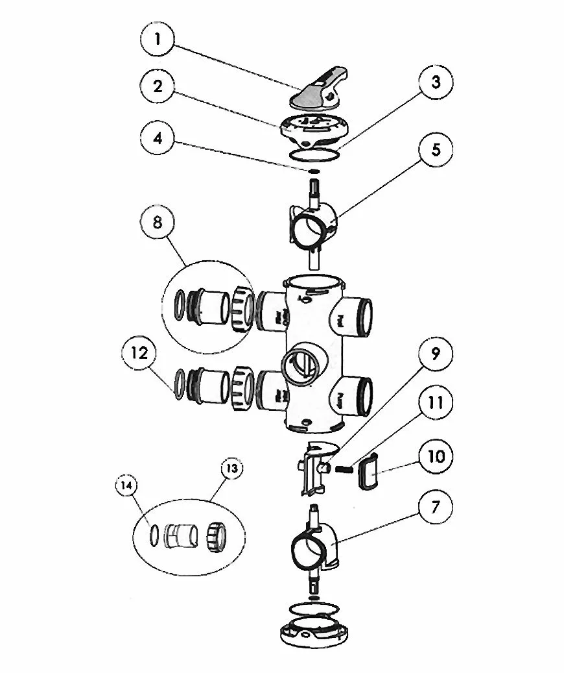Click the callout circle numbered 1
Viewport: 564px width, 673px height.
pos(158,39)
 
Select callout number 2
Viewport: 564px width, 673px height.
pos(158,86)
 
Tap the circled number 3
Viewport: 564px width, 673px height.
pos(436,82)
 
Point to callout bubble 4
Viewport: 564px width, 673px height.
pos(158,138)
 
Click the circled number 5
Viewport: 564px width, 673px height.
pos(436,150)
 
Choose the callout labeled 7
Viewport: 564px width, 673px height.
pos(436,508)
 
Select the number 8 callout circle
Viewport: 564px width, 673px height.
pos(158,223)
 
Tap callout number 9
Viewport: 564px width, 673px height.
pos(436,354)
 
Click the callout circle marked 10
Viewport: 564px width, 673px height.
pos(436,456)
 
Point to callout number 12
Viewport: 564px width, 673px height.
pos(139,353)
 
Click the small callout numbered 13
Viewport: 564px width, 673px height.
pos(231,469)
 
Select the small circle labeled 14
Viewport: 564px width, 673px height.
pos(126,486)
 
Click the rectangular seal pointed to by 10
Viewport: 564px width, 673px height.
pos(367,472)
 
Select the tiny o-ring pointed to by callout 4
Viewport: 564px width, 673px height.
pos(314,171)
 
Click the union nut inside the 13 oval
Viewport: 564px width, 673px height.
pos(216,537)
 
